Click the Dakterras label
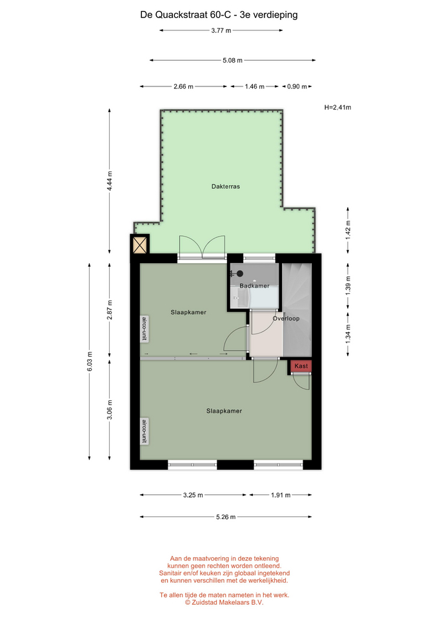[226, 186]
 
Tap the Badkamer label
[254, 286]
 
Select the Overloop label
[286, 318]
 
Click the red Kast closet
[301, 366]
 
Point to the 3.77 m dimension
[221, 30]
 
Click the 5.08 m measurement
[233, 61]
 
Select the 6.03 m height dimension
[90, 361]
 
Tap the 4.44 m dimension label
[110, 181]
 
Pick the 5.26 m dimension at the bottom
[226, 516]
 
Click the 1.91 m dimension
[281, 495]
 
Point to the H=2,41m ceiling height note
[337, 108]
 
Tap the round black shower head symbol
[240, 273]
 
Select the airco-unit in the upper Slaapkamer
[144, 328]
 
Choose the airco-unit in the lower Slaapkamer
[144, 431]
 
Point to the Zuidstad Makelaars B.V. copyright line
[224, 602]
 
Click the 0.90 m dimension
[297, 86]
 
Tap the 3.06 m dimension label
[110, 410]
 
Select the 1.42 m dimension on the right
[348, 230]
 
